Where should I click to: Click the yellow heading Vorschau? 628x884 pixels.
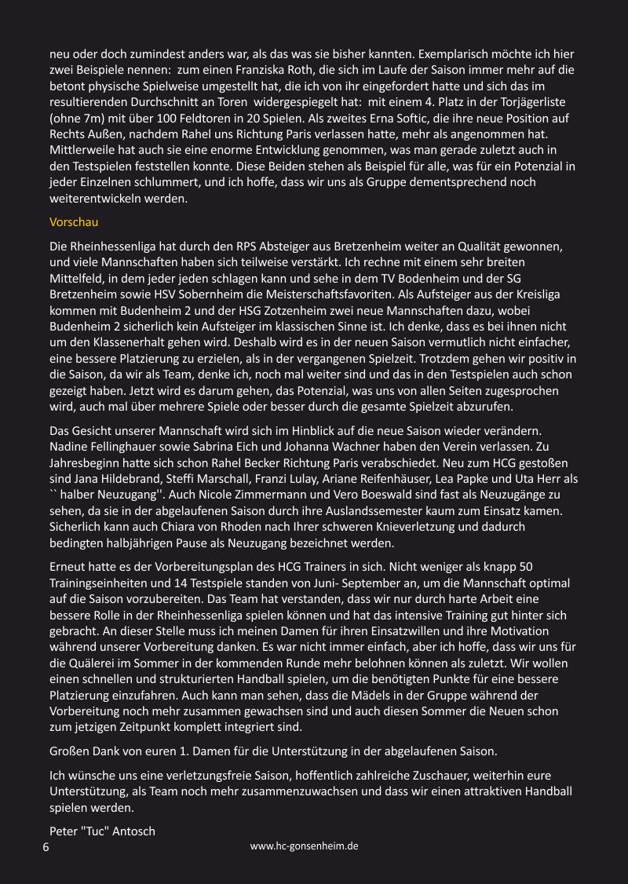[x=74, y=222]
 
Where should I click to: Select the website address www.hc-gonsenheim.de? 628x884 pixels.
[x=305, y=846]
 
